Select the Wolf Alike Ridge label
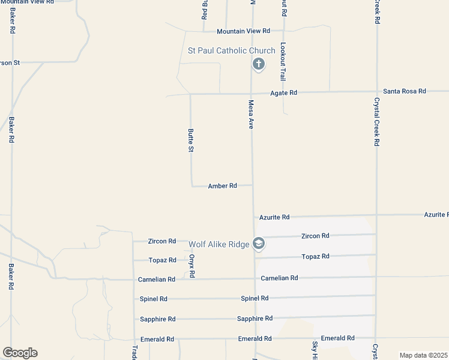point(218,244)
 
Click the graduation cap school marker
point(259,244)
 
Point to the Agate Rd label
point(283,93)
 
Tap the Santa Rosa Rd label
point(405,91)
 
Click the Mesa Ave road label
point(252,115)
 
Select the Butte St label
point(191,140)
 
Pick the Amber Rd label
point(222,186)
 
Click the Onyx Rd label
point(192,264)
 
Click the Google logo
point(20,353)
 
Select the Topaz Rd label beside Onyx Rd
point(163,260)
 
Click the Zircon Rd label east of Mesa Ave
point(315,236)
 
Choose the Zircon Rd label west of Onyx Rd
point(162,241)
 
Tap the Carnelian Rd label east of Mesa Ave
point(279,278)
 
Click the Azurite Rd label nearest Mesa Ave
point(274,217)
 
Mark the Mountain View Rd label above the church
point(243,31)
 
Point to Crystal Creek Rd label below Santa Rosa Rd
point(376,122)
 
